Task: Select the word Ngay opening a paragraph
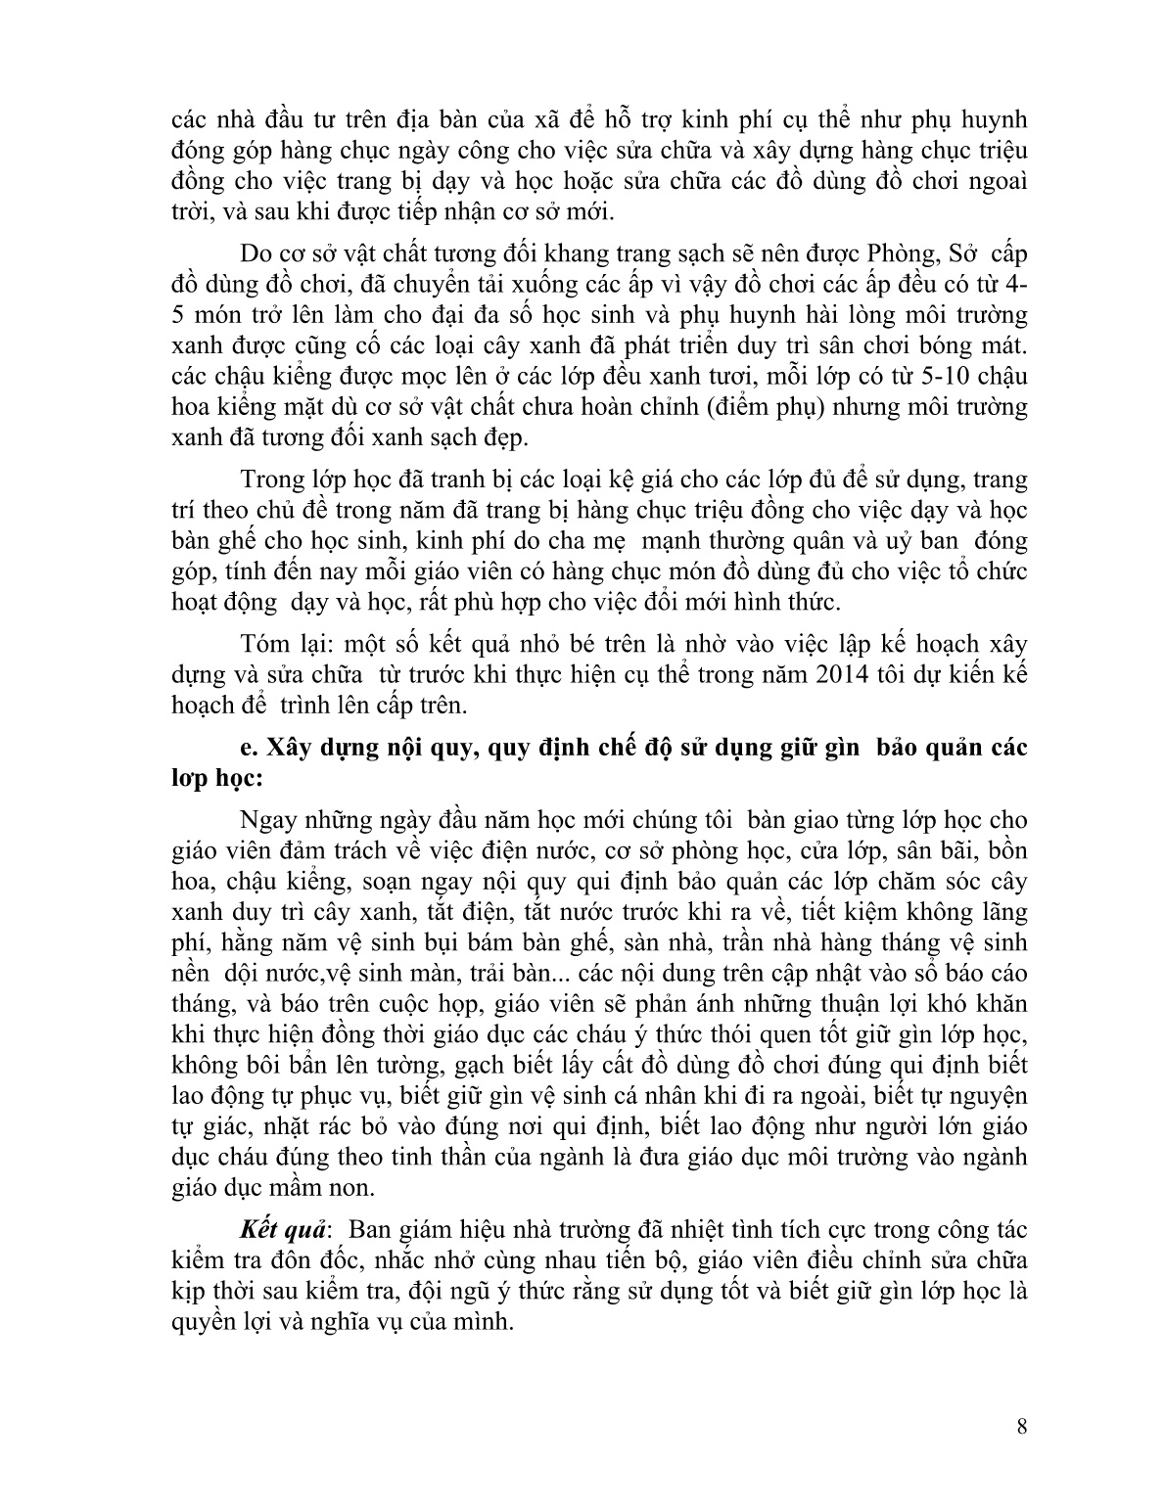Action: tap(267, 819)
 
